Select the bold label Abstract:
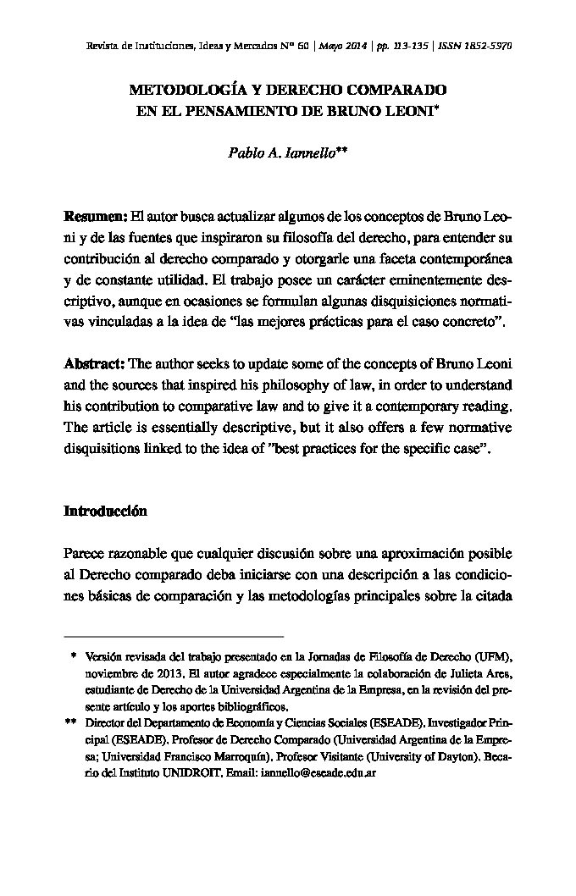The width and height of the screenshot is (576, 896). click(95, 364)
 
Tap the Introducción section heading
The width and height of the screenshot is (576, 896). click(105, 512)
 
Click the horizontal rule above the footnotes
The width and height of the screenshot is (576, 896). click(174, 635)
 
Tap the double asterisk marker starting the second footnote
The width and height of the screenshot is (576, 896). click(70, 723)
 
